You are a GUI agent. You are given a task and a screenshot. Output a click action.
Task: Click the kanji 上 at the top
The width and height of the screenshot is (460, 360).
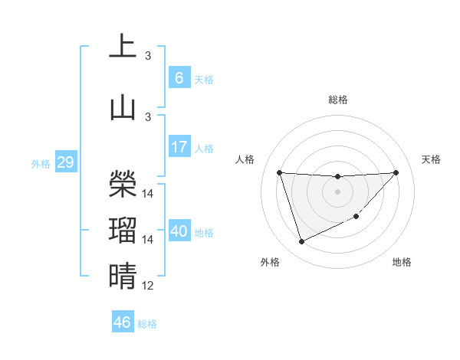(x=123, y=47)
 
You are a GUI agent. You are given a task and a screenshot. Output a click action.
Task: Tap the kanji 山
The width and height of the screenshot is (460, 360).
(x=123, y=106)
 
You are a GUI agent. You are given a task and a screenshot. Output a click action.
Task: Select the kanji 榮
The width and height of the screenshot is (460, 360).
(x=123, y=182)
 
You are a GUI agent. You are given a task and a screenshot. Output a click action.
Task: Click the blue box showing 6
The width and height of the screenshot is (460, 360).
(x=179, y=78)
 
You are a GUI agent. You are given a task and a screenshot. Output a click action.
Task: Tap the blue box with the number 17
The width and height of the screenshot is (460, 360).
(x=179, y=147)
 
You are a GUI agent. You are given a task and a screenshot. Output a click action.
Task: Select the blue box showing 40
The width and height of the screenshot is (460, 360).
(x=179, y=231)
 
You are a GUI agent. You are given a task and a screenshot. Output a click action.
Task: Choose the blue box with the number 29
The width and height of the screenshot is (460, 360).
(x=65, y=162)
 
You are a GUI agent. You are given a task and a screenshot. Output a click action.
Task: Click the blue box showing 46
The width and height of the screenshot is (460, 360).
(x=123, y=322)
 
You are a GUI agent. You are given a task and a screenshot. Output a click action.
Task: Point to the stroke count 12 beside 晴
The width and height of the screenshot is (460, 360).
(x=148, y=286)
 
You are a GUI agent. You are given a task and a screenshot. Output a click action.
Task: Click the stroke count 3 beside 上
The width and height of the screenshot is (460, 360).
(x=148, y=56)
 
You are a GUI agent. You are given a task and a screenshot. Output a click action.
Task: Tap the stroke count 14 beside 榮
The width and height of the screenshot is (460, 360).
(x=148, y=194)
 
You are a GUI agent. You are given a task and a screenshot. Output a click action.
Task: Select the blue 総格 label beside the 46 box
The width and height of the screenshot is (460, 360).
(x=147, y=324)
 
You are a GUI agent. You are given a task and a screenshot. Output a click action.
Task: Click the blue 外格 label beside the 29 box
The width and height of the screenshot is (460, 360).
(x=40, y=164)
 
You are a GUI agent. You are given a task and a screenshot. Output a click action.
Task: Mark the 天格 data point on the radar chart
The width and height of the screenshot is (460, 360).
(x=396, y=172)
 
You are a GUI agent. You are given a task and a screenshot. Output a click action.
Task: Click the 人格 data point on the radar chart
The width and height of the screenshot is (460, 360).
(x=279, y=172)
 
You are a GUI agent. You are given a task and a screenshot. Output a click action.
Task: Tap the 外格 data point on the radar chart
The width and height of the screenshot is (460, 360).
(x=301, y=242)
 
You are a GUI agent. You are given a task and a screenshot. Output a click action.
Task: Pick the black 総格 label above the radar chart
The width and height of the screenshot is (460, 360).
(x=337, y=100)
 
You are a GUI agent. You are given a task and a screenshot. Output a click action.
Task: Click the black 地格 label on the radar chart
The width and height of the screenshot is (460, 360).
(x=402, y=262)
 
